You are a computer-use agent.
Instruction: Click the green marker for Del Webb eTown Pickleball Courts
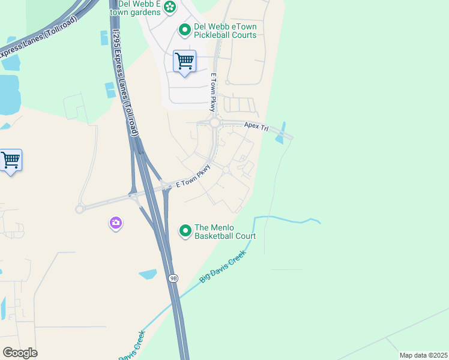point(185,29)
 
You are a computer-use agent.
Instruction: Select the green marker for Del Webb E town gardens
point(170,7)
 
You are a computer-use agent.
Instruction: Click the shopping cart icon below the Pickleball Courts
point(184,61)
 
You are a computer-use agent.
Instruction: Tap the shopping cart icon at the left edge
point(10,160)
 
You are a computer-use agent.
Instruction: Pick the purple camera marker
point(115,223)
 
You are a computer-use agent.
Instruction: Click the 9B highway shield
point(173,278)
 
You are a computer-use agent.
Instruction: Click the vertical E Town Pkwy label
point(212,92)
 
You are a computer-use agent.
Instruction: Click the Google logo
point(20,353)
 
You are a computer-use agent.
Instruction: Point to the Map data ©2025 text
point(423,355)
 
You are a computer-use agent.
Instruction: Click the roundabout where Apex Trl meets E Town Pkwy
point(214,123)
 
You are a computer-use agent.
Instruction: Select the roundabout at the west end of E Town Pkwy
point(79,209)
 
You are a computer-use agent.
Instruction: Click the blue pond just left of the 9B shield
point(148,274)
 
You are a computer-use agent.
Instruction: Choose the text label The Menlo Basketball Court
point(225,232)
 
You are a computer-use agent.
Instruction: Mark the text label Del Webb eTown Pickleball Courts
point(225,31)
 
